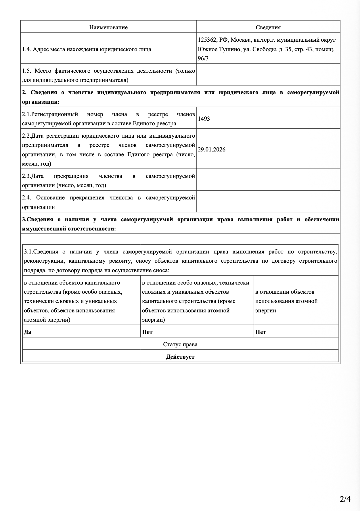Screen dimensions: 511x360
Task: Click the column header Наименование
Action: coord(108,27)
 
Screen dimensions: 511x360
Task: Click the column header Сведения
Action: coord(268,27)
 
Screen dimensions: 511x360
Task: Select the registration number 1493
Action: coord(204,119)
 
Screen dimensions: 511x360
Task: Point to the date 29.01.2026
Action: coord(212,149)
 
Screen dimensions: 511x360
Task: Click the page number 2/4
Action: coord(345,499)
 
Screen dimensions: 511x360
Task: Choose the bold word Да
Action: coord(28,332)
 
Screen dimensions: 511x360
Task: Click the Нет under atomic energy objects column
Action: coord(261,332)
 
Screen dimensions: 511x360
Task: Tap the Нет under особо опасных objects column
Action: coord(147,332)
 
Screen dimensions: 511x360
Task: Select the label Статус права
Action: coord(180,344)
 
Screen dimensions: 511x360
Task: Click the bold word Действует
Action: coord(180,357)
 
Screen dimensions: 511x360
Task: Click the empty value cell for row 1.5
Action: coord(268,75)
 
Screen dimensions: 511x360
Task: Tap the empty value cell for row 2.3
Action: coord(268,180)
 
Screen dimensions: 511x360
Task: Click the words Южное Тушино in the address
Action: coord(215,49)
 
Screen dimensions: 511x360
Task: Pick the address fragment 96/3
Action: coord(203,58)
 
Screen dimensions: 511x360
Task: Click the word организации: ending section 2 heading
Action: coord(41,102)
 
